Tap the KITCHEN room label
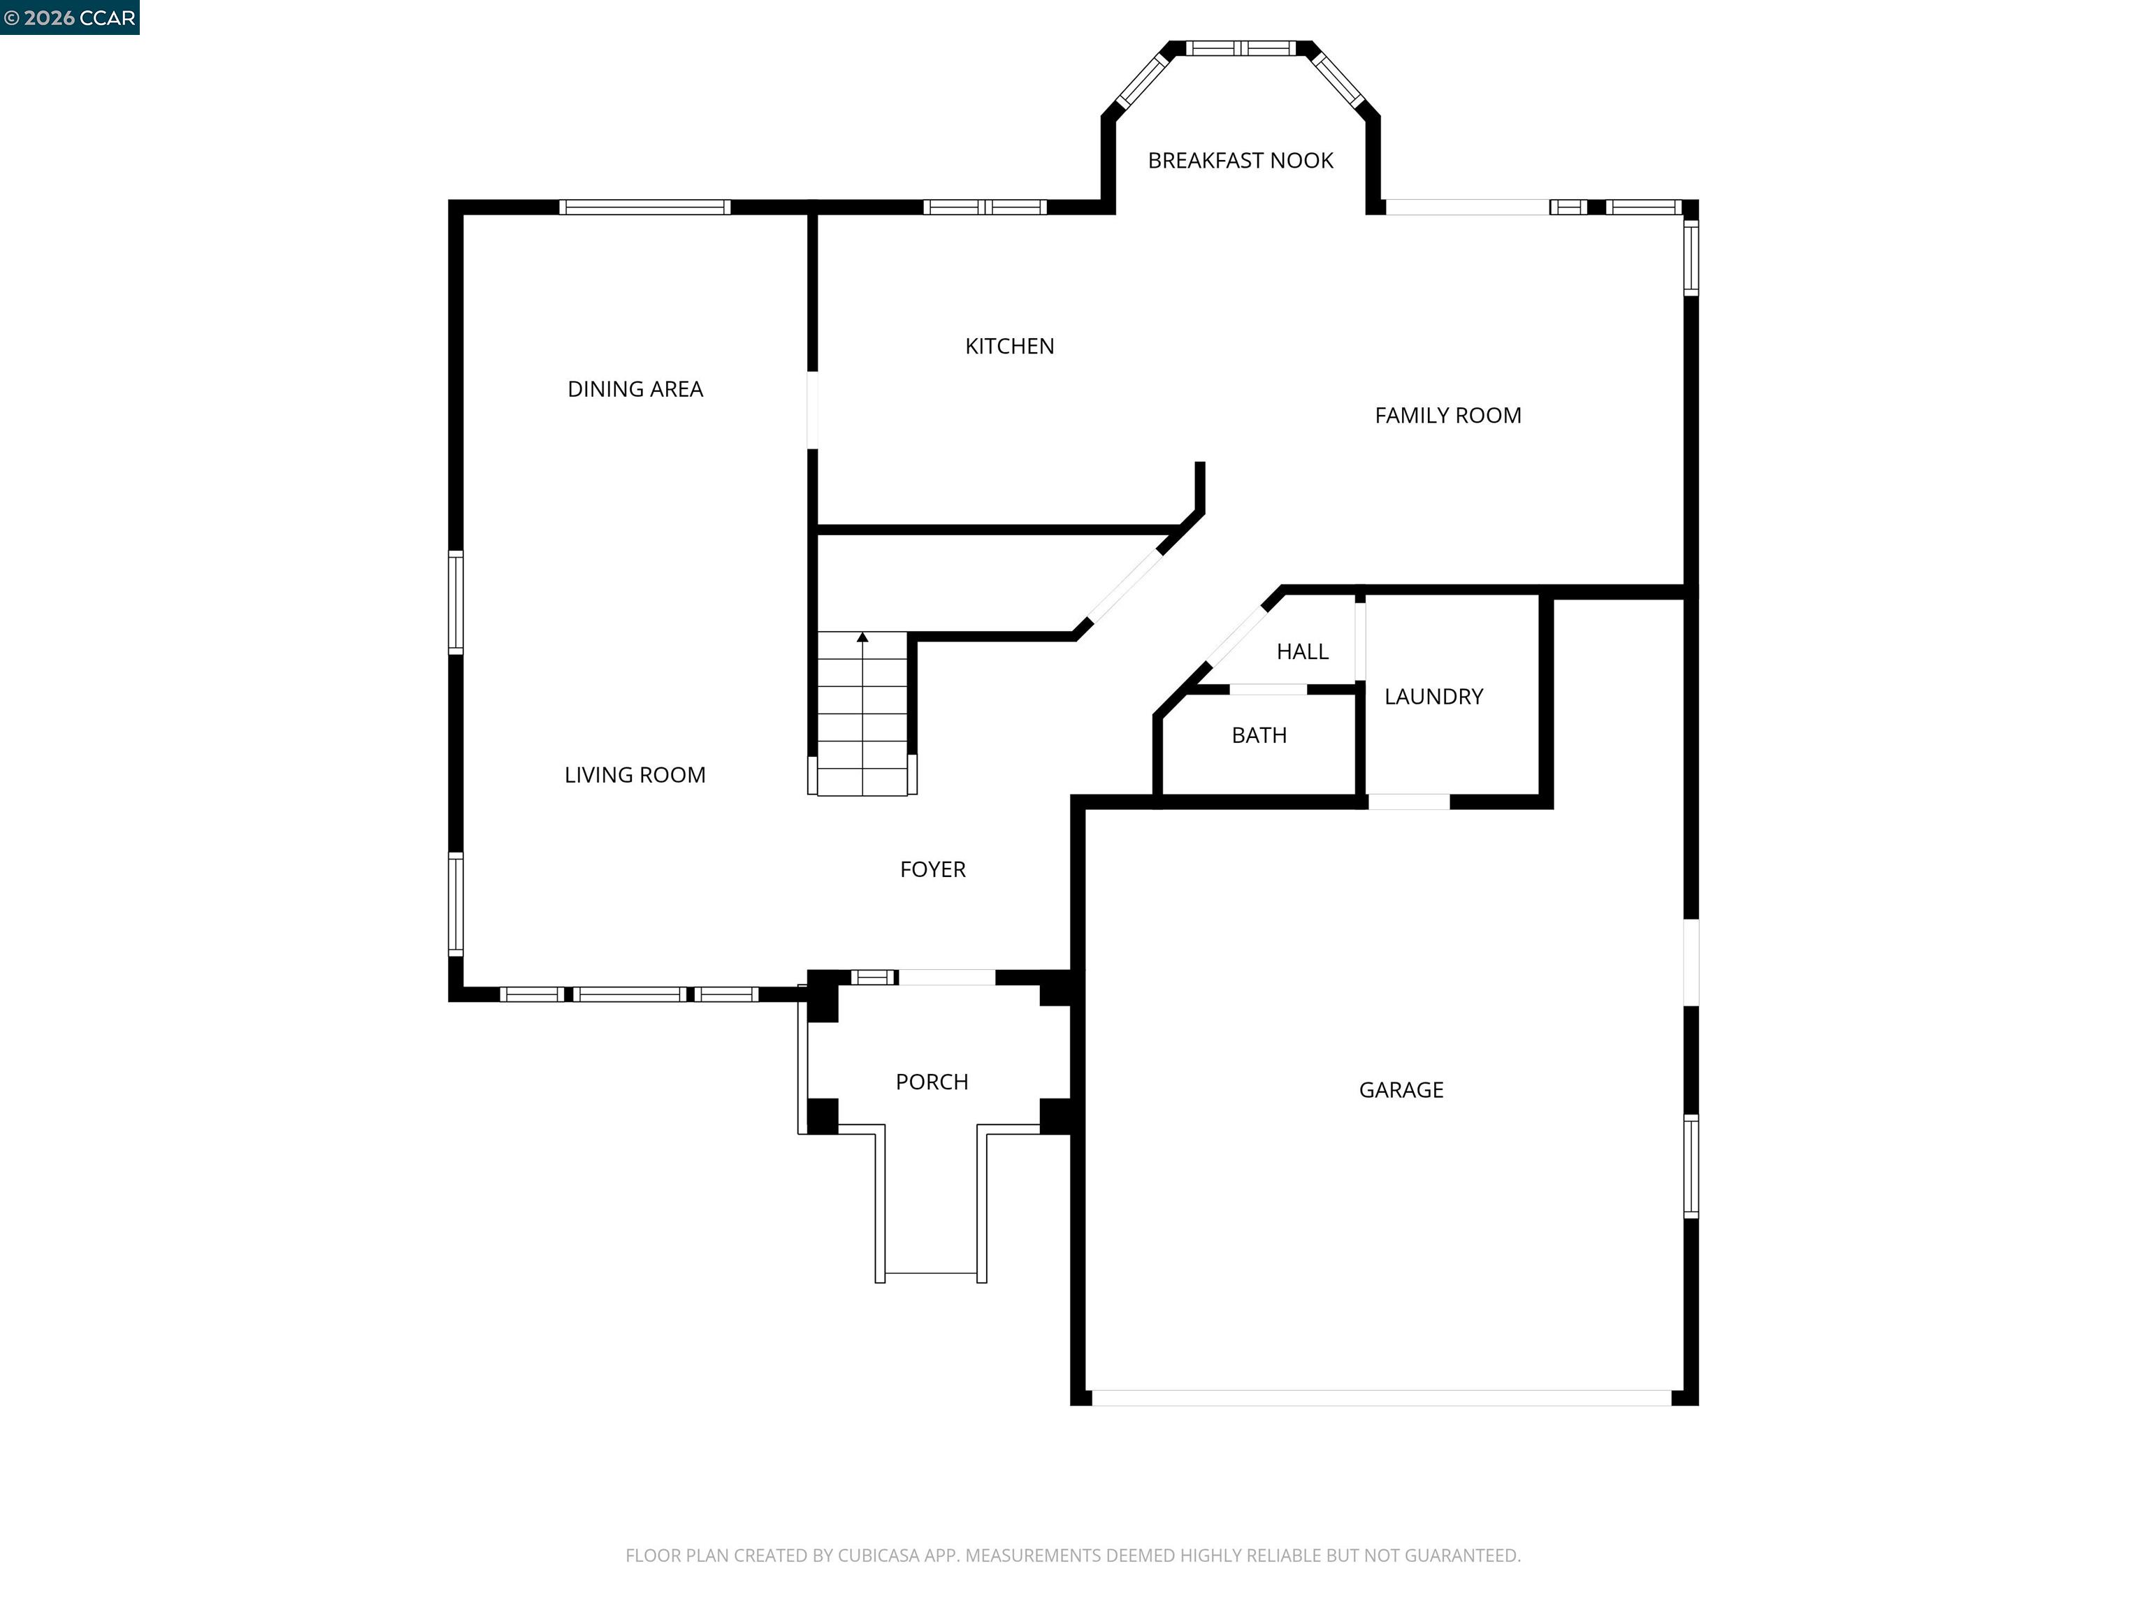[x=1009, y=347]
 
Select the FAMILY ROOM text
[x=1447, y=415]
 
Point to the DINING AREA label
[x=635, y=389]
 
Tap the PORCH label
[x=931, y=1082]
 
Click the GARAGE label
[x=1401, y=1090]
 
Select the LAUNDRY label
[x=1433, y=697]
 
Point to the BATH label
[x=1259, y=736]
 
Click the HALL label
[x=1301, y=652]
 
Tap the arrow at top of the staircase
[x=862, y=637]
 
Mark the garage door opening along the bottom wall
[x=1380, y=1398]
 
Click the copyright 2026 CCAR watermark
[x=69, y=17]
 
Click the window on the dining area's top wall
[x=644, y=207]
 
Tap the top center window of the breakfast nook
[x=1241, y=48]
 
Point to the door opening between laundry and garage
[x=1408, y=802]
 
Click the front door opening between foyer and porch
[x=946, y=978]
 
